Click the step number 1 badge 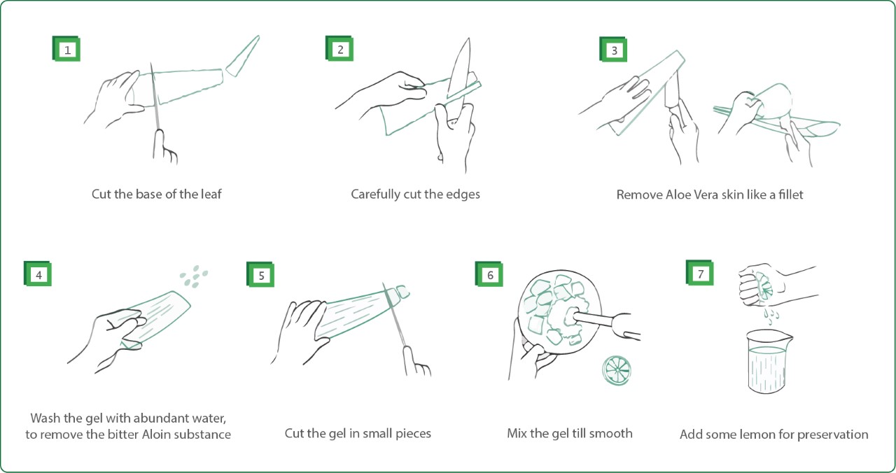click(x=67, y=50)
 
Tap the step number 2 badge click(x=340, y=49)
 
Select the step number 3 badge click(x=614, y=50)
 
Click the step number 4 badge click(x=38, y=274)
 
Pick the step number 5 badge click(x=261, y=275)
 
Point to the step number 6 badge click(x=489, y=274)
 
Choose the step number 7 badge click(x=700, y=274)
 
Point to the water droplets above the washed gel click(x=194, y=276)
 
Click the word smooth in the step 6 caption click(x=610, y=433)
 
